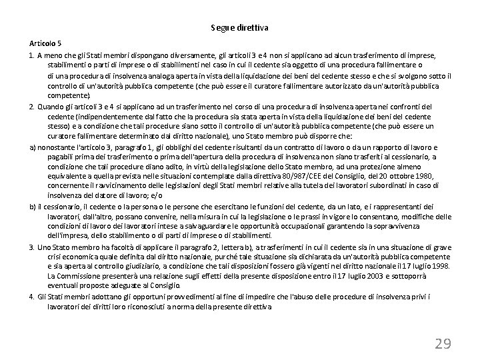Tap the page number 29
point(443,343)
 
